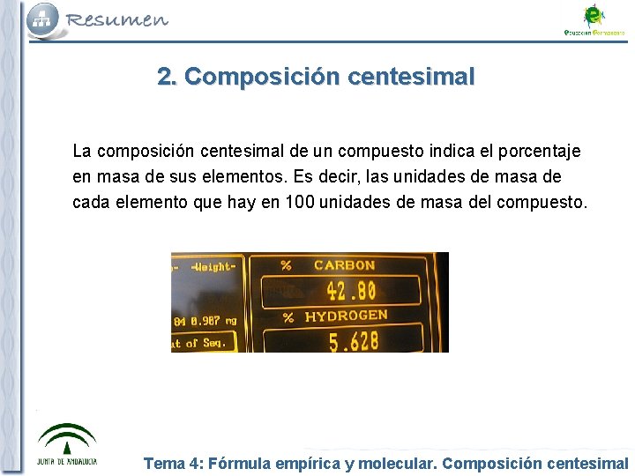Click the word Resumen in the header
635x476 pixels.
pos(116,19)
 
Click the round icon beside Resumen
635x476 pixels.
pos(43,19)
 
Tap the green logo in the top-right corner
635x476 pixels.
pos(594,19)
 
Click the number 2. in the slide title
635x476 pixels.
pos(168,77)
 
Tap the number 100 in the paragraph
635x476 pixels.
pos(300,202)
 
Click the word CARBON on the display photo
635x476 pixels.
pos(344,265)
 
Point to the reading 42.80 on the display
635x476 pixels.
pos(351,290)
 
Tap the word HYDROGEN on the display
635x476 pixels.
pos(346,316)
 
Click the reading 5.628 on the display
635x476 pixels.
pos(355,340)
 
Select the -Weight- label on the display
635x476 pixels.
pos(213,266)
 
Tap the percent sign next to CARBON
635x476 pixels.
pos(286,265)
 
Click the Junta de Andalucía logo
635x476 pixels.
pos(67,444)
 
